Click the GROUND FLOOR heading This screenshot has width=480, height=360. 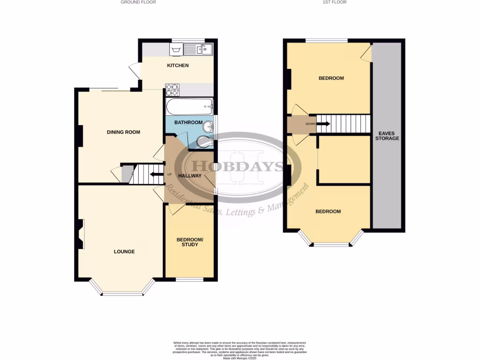[x=138, y=2]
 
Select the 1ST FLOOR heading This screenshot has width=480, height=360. [x=335, y=2]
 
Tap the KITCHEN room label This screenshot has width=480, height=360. [x=178, y=66]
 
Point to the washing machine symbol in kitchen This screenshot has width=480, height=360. [x=176, y=49]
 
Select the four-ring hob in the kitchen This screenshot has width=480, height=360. [x=172, y=90]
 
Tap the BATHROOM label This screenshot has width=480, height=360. [x=188, y=123]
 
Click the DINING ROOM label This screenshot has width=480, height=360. [x=123, y=132]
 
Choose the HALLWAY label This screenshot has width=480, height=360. [x=190, y=176]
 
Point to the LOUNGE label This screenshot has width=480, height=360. [x=124, y=252]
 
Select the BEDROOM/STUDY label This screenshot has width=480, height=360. [x=190, y=242]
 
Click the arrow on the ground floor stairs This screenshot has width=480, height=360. [x=154, y=175]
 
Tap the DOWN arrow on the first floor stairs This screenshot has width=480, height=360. [x=323, y=124]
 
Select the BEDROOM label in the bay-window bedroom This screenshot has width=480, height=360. [x=328, y=211]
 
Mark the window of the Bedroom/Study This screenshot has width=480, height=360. [x=190, y=280]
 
